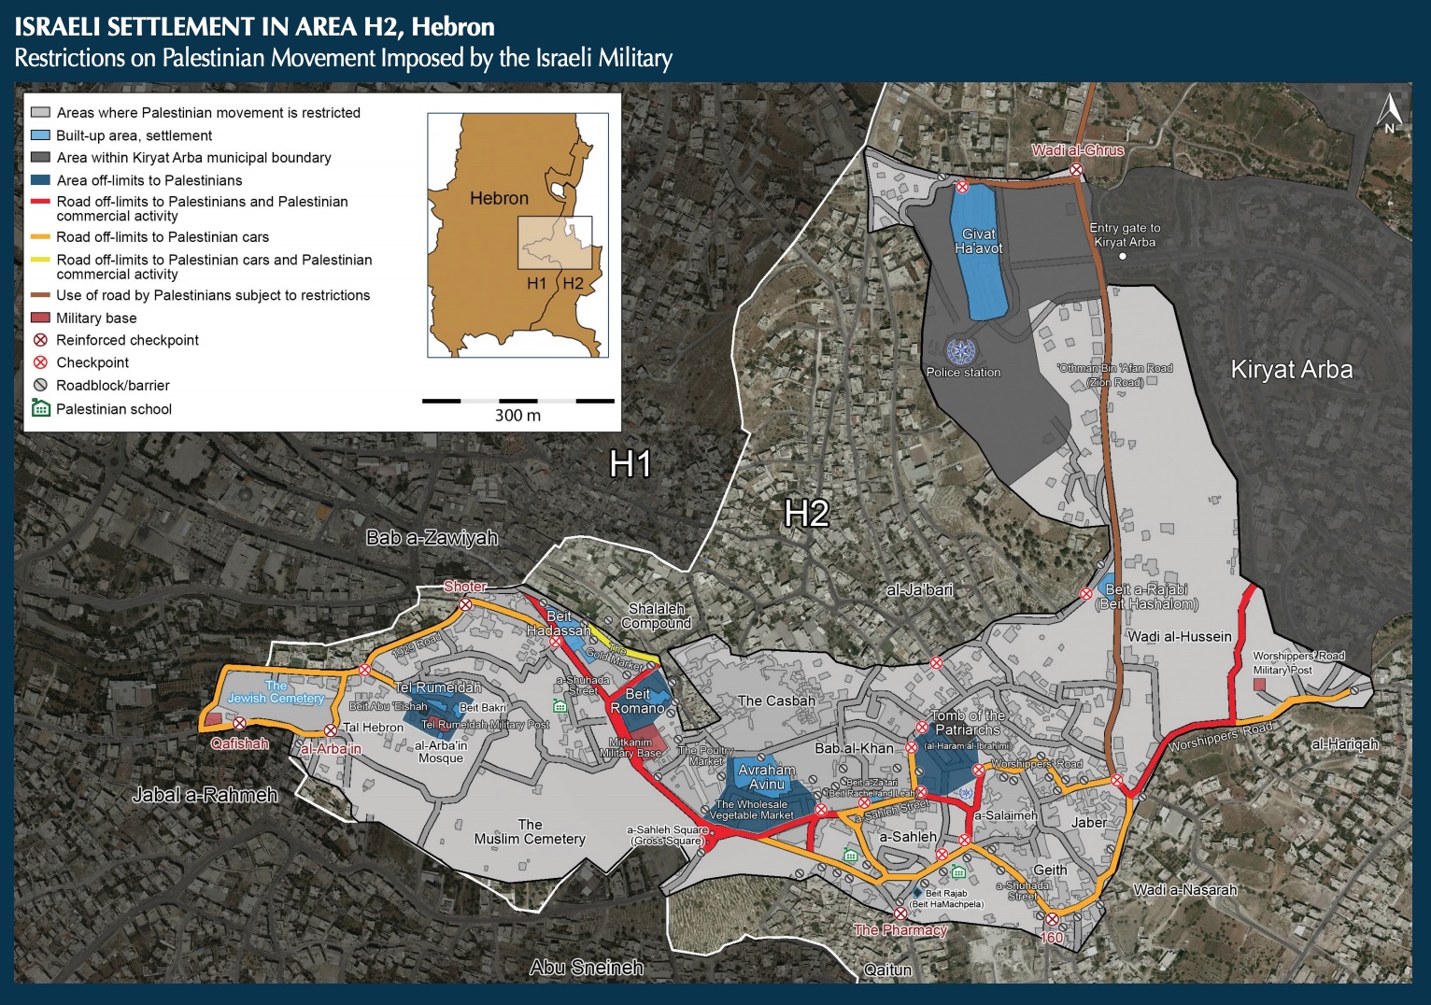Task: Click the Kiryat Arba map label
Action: [x=1291, y=370]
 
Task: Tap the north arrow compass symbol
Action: [x=1390, y=115]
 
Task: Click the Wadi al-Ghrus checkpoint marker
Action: [x=1076, y=169]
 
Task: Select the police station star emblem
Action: [x=959, y=351]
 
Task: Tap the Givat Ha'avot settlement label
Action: [x=979, y=241]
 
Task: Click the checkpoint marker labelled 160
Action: [x=1052, y=919]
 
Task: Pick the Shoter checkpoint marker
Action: [x=465, y=604]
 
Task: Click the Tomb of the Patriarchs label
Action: [x=968, y=722]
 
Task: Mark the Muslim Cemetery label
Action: [x=530, y=832]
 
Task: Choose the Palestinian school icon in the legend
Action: [x=40, y=408]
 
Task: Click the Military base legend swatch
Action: [x=40, y=318]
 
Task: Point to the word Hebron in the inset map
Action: [x=499, y=198]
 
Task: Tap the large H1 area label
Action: [x=630, y=464]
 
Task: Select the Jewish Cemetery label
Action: [x=276, y=692]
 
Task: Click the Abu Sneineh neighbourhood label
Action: [x=586, y=968]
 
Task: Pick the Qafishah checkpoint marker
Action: [x=240, y=723]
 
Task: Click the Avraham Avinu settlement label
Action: [x=767, y=777]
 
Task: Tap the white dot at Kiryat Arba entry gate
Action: [x=1123, y=256]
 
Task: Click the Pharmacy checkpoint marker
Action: [x=900, y=913]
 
